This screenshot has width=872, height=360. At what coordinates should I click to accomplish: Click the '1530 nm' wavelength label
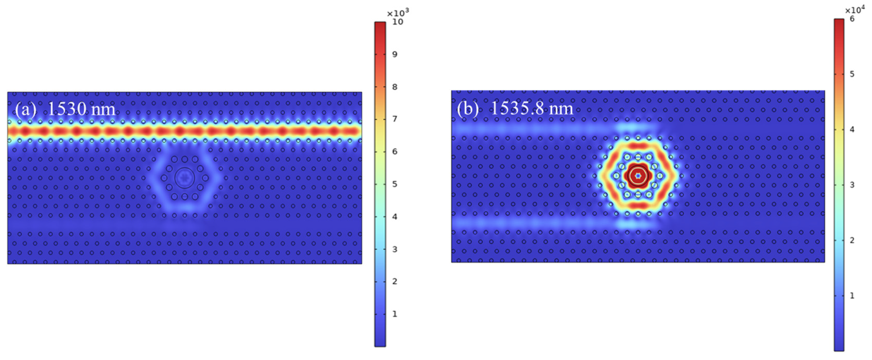(81, 109)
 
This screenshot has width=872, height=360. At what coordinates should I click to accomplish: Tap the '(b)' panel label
(468, 108)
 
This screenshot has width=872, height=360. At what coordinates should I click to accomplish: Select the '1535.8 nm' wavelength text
(532, 108)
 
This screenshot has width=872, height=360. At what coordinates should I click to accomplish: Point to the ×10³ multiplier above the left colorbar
(398, 13)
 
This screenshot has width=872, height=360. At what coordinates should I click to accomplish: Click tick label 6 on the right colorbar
(852, 19)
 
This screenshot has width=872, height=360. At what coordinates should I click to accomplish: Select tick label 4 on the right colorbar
(852, 129)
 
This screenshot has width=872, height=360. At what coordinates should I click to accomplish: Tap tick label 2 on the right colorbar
(852, 240)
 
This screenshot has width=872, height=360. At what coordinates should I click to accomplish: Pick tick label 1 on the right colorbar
(852, 296)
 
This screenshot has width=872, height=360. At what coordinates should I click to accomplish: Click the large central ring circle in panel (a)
(185, 178)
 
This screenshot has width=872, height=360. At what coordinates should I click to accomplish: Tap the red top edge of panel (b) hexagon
(638, 146)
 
